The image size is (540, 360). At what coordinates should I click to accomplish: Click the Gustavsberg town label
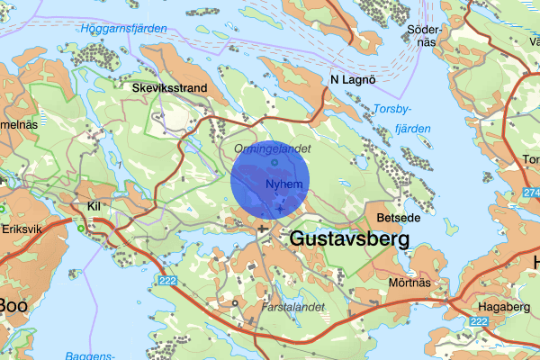pos(350,239)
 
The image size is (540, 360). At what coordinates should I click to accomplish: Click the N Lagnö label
pos(352,80)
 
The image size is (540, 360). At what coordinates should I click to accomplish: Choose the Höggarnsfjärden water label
pos(124,29)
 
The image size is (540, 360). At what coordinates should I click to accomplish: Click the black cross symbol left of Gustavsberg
pos(263,229)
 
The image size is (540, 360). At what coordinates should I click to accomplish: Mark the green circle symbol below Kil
pos(82,229)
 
